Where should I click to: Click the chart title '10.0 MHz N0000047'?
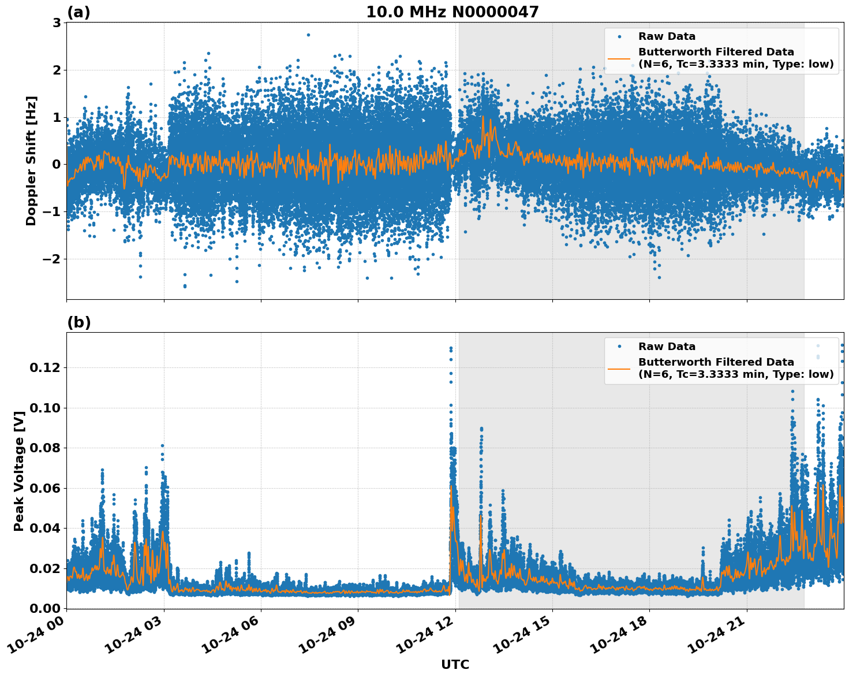[x=452, y=12]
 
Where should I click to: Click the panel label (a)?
[x=78, y=12]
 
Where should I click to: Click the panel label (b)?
[x=78, y=322]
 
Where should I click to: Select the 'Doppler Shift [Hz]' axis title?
[x=31, y=161]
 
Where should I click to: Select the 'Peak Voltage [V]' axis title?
[x=19, y=471]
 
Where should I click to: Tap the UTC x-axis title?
[x=455, y=664]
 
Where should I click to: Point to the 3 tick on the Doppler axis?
[x=57, y=23]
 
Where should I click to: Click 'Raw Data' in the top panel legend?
[x=667, y=36]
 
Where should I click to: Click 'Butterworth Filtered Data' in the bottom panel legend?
[x=716, y=362]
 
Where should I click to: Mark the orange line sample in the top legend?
[x=619, y=58]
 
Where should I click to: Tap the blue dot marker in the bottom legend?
[x=619, y=347]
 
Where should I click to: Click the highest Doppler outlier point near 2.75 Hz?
[x=308, y=35]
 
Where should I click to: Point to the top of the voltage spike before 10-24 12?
[x=451, y=348]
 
